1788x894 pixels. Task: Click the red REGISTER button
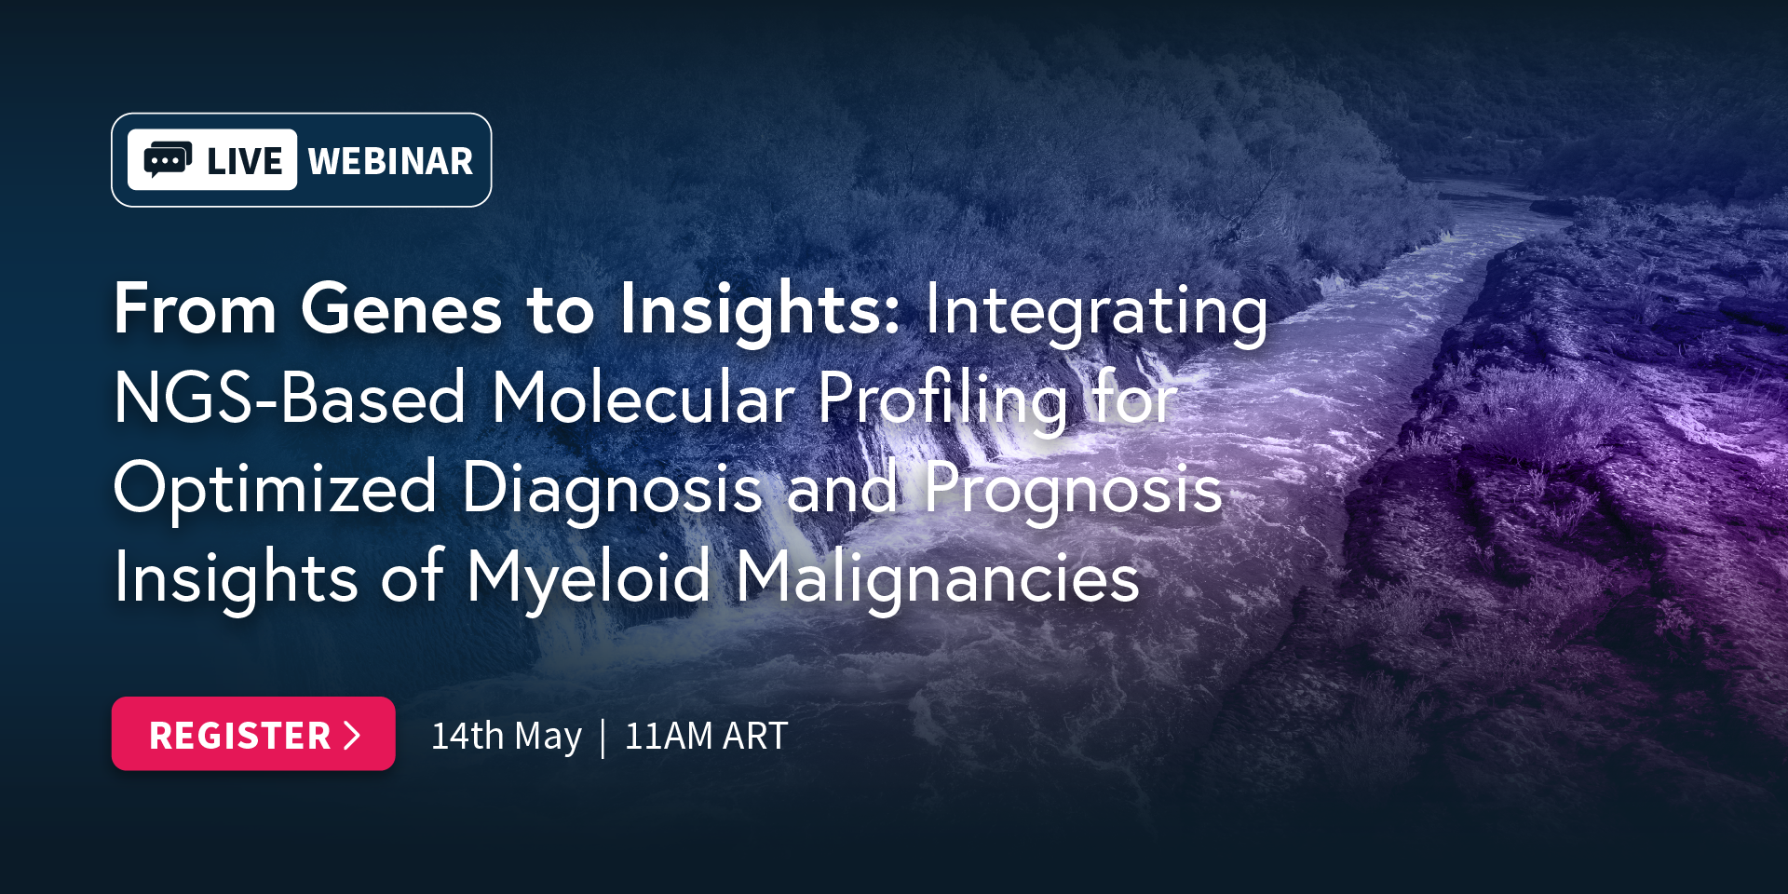coord(253,734)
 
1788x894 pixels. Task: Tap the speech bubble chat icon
coord(168,160)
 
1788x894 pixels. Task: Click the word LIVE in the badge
coord(244,161)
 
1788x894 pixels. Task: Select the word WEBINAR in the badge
coord(390,161)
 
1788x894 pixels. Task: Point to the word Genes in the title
coord(401,309)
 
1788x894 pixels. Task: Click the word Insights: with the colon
coord(760,311)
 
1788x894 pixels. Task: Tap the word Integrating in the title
coord(1096,311)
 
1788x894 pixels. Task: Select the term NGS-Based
coord(290,398)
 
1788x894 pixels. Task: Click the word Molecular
coord(643,398)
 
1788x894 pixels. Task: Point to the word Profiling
coord(942,400)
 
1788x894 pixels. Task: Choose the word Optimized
coord(276,488)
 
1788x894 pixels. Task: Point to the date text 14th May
coord(507,736)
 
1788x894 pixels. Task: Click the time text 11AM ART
coord(706,736)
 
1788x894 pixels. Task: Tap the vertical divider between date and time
coord(603,738)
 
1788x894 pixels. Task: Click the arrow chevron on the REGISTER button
coord(352,735)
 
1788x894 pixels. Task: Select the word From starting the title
coord(196,309)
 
